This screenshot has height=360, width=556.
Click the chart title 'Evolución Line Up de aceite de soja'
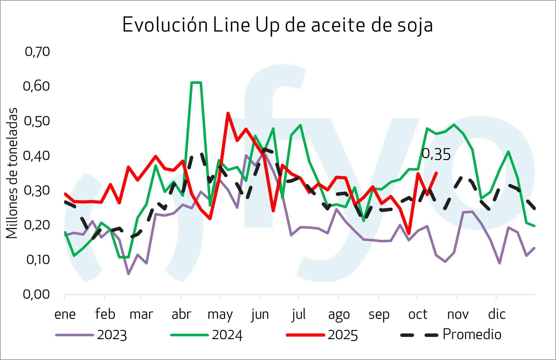coord(277,25)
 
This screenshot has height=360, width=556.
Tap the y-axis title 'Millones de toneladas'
coord(12,173)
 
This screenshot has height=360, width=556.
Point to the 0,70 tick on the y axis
coord(37,52)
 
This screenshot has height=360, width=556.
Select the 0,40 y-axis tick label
coord(37,156)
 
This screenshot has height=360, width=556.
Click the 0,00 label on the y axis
coord(37,295)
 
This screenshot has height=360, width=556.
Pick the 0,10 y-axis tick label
coord(38,260)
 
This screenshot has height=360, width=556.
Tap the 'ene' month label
coord(65,314)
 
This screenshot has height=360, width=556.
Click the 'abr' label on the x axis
coord(181,314)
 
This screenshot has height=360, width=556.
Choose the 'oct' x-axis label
coord(418,314)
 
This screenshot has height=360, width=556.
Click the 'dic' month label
coord(497,314)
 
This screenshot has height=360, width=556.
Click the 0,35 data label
coord(436,154)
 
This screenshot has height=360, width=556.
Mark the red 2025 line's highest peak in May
coord(228,113)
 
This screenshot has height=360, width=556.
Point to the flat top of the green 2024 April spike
coord(196,83)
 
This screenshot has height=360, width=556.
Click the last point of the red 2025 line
coord(437,173)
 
